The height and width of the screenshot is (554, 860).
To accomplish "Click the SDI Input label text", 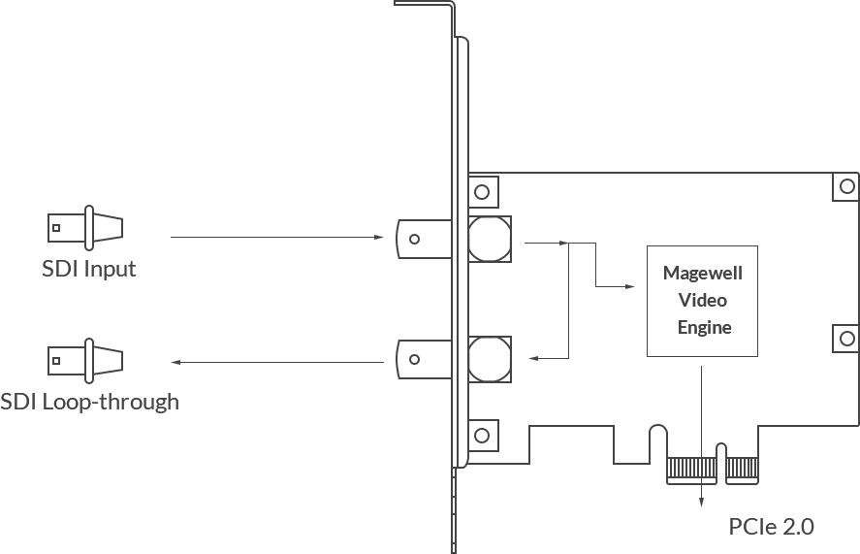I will point(89,269).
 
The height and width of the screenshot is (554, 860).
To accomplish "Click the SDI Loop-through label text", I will point(89,401).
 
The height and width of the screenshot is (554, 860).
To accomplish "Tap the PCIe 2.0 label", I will point(771,527).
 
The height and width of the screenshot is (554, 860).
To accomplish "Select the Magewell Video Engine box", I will point(702,301).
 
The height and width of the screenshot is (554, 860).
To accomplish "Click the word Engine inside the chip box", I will point(704,328).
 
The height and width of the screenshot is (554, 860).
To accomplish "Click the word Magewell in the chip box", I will point(703,275).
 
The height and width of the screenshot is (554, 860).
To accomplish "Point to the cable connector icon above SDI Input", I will point(86,228).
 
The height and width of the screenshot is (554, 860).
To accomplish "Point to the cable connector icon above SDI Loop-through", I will point(86,360).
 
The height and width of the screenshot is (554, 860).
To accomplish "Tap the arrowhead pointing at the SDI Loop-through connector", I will point(175,362).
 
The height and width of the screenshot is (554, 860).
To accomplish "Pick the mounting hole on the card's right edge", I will point(845,339).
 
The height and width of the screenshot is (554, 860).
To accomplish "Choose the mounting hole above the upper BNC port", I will point(483,188).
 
